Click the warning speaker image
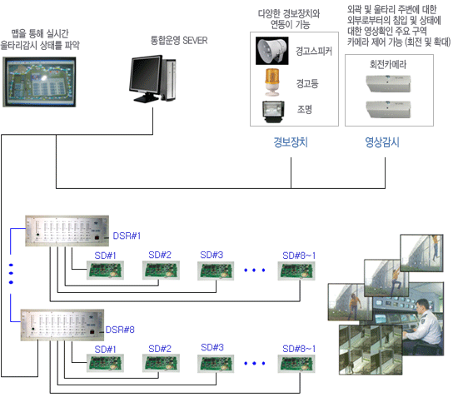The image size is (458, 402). (272, 51)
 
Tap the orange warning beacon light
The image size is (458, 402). (272, 82)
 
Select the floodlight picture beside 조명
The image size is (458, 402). (273, 112)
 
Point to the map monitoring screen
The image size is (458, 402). (39, 82)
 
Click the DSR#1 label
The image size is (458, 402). (127, 236)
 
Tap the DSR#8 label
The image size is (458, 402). (120, 330)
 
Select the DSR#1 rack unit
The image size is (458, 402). (67, 231)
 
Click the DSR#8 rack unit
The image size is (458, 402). (62, 325)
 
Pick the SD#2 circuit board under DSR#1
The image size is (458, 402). (161, 270)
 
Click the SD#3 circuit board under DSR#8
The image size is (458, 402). (216, 363)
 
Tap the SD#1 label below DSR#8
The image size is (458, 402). (105, 350)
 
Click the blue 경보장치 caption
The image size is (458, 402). (291, 142)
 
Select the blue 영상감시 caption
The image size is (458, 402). (382, 142)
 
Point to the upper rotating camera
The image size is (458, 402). (388, 83)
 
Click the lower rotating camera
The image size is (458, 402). (388, 109)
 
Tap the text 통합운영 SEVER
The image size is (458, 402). (179, 40)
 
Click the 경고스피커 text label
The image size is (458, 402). (314, 51)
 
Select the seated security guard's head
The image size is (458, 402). (423, 306)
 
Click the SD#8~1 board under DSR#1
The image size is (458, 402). (296, 271)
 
